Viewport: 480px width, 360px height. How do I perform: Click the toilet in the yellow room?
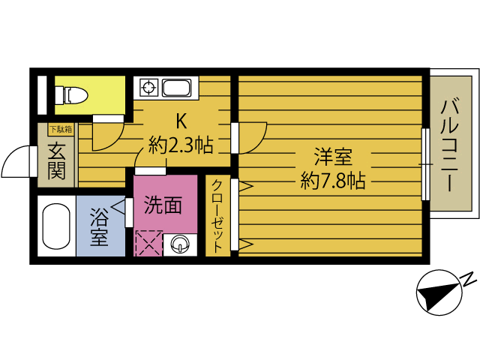[76, 94]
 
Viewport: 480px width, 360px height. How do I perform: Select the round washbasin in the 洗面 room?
[181, 244]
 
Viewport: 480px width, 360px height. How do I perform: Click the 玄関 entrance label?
[57, 160]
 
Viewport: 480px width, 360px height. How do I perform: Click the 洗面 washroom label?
[163, 205]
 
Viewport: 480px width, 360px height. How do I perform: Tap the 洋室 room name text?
[333, 157]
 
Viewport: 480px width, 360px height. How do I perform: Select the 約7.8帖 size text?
[333, 180]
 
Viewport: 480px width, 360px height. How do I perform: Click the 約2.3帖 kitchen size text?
[181, 145]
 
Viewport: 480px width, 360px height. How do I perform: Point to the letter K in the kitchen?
[181, 121]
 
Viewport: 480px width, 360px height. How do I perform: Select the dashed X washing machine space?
[148, 244]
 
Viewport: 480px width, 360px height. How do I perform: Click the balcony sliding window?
[425, 163]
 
